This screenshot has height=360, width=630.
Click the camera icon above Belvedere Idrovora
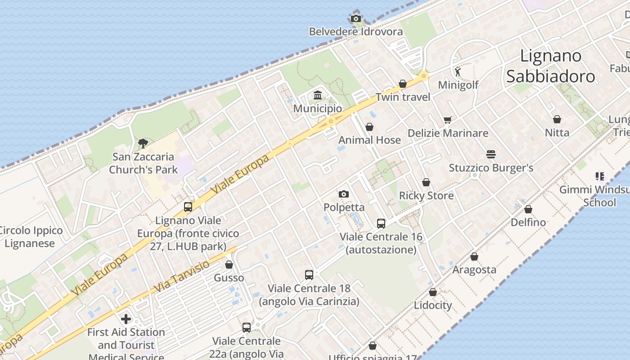[x=356, y=18]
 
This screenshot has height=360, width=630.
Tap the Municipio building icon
[x=318, y=95]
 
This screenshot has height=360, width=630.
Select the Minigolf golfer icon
[x=458, y=72]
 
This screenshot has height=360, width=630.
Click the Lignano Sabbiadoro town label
[x=551, y=66]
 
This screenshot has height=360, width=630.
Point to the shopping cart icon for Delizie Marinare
[x=447, y=120]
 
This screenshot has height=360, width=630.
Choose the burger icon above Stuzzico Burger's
[x=491, y=154]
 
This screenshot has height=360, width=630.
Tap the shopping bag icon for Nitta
[x=557, y=119]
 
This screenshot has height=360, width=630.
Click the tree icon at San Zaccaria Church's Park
[x=143, y=144]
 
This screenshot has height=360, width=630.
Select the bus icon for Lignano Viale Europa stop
[x=188, y=207]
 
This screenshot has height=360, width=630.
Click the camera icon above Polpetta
[x=344, y=194]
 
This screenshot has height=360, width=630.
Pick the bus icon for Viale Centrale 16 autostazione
[x=381, y=223]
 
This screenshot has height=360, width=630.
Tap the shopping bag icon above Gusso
[x=229, y=265]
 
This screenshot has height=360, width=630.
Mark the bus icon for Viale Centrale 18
[x=309, y=274]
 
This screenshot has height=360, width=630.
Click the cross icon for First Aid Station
[x=126, y=319]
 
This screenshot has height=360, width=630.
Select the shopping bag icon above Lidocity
[x=433, y=292]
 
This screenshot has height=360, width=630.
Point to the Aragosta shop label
[x=474, y=270]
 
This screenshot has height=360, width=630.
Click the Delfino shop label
[x=528, y=222]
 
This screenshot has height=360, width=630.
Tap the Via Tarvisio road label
[x=182, y=275]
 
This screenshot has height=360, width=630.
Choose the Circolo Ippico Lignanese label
[x=30, y=237]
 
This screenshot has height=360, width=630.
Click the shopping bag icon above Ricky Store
[x=426, y=182]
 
